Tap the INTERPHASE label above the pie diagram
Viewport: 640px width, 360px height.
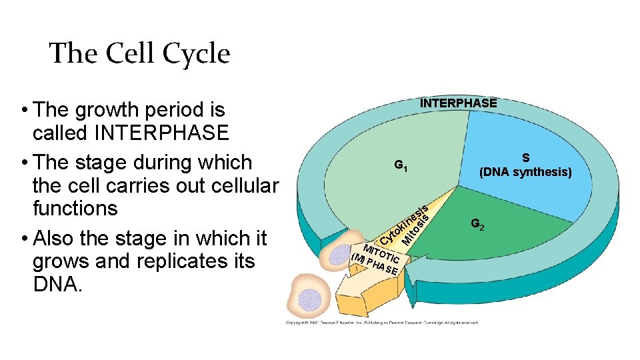click(x=458, y=103)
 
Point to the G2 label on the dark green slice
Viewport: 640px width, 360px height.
click(x=477, y=225)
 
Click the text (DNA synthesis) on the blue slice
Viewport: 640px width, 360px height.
click(x=526, y=172)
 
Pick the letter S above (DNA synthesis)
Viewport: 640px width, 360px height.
click(x=526, y=158)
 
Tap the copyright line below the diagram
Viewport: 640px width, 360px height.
click(x=381, y=323)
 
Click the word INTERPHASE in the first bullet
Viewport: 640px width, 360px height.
click(x=162, y=133)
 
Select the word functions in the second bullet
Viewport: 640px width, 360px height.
click(x=75, y=208)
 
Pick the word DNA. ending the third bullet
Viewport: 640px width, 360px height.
click(x=57, y=285)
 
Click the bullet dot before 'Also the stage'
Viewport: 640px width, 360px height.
click(x=23, y=238)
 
